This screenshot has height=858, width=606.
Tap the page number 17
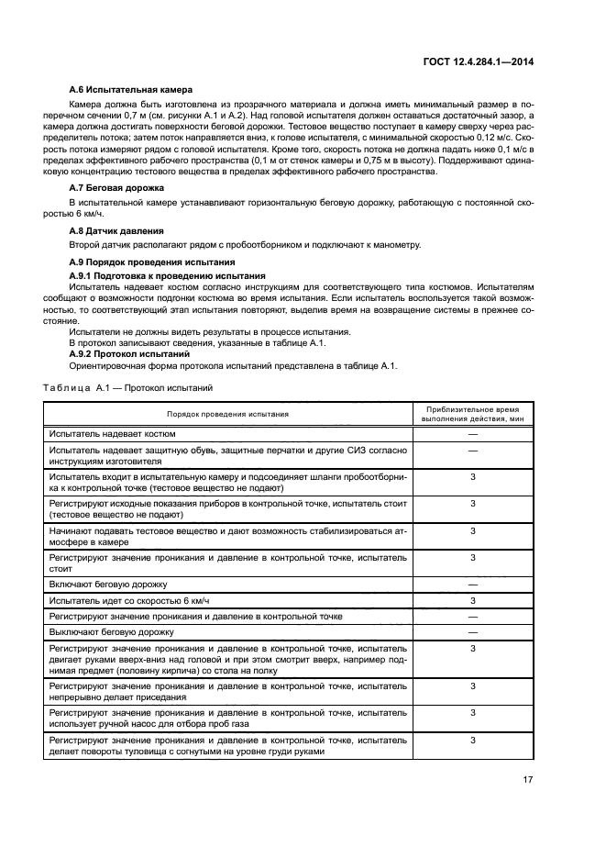tap(528, 780)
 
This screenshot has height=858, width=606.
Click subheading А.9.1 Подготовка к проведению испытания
tap(168, 275)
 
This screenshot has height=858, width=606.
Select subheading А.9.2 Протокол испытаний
tap(129, 352)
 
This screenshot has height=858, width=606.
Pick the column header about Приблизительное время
tap(472, 413)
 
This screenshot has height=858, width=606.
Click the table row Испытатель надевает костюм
tap(113, 433)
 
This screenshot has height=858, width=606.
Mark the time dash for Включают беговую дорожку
tap(472, 584)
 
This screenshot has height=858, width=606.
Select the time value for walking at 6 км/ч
tap(472, 600)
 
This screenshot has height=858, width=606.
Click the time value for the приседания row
tap(472, 685)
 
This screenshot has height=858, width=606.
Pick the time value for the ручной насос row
tap(472, 712)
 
